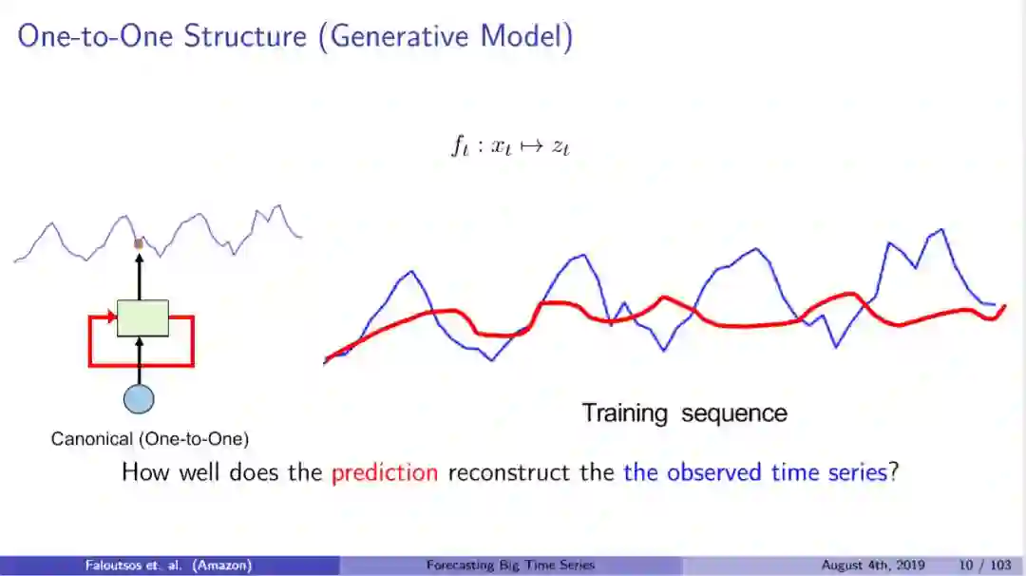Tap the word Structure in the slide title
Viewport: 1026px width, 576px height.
(245, 37)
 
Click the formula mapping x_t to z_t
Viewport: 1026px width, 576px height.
(510, 146)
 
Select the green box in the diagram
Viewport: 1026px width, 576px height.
(142, 318)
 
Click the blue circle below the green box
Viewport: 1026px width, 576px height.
(139, 399)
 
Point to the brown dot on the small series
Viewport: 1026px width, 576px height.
(138, 244)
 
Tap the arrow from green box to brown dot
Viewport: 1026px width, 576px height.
(139, 277)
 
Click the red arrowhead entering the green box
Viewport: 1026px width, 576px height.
(112, 317)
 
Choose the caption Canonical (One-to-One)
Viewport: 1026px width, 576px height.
(150, 438)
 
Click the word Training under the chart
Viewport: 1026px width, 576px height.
(625, 413)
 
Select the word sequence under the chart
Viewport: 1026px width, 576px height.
(734, 414)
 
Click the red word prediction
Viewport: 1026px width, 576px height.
(385, 472)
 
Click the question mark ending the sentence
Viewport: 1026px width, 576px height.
(894, 472)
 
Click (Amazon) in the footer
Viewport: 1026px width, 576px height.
(221, 565)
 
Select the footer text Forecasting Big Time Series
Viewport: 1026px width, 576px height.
(510, 565)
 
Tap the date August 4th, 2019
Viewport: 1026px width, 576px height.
(873, 565)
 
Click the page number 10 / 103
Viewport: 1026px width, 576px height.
(985, 565)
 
